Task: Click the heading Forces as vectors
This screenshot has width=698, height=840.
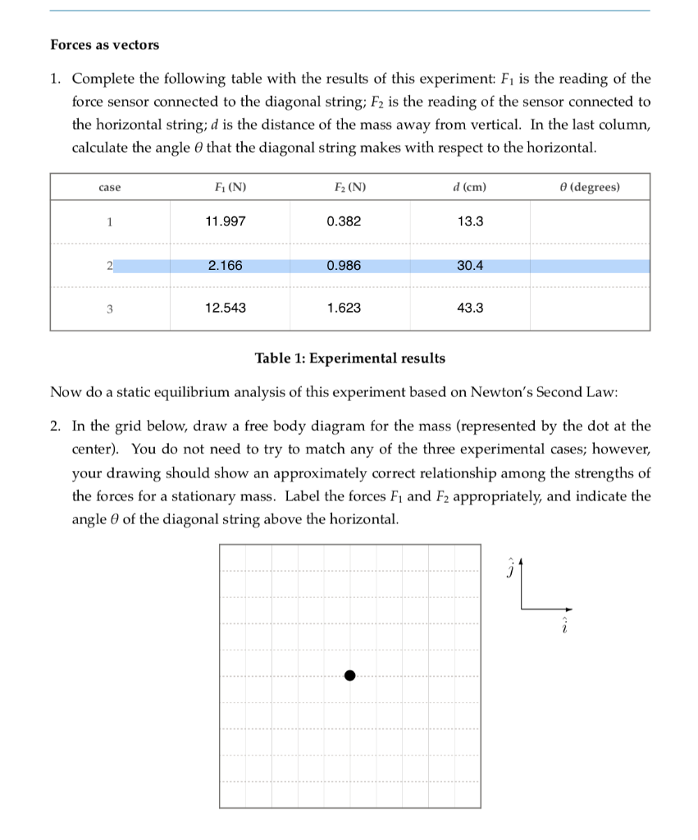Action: [105, 45]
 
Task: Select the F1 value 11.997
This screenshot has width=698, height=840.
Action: [225, 221]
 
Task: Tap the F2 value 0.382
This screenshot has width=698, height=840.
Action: [343, 221]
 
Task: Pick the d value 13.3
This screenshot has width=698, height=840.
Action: [469, 221]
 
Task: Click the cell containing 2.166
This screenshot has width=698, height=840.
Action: [225, 266]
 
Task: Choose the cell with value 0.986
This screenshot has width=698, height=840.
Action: [343, 266]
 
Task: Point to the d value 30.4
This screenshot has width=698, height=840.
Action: [469, 266]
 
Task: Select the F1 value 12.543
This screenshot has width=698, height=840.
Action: [225, 308]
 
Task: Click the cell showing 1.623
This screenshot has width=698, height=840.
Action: [343, 308]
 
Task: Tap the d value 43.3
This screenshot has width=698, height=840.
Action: [469, 308]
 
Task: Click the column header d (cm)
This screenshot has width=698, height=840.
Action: [469, 187]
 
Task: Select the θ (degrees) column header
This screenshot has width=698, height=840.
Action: [589, 187]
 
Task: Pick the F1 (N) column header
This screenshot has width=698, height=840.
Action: [226, 187]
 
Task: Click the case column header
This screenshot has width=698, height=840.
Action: [109, 188]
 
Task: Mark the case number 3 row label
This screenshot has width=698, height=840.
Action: [109, 309]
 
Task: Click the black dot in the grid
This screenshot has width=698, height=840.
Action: [349, 675]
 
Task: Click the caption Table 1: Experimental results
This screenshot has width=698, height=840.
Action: [350, 358]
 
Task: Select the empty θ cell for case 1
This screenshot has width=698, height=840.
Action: [589, 221]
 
